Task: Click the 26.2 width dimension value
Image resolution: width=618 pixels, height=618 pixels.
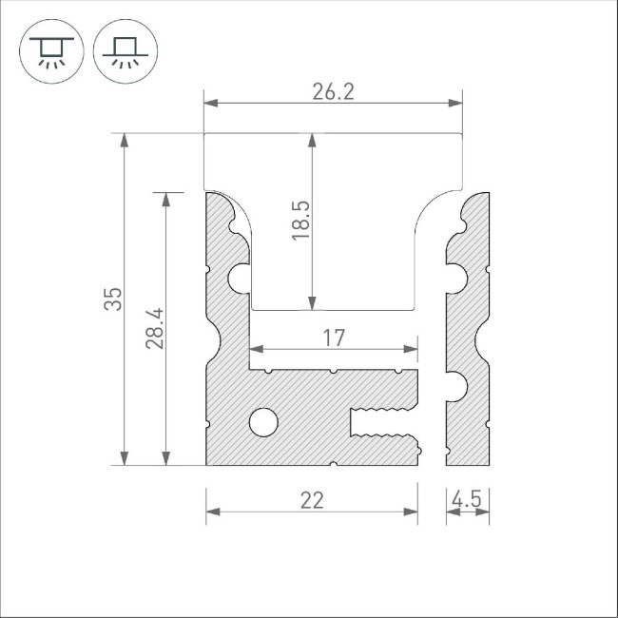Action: (x=333, y=91)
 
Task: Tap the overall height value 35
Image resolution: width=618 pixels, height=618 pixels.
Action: (x=113, y=299)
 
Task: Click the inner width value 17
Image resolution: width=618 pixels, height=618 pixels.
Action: (x=333, y=337)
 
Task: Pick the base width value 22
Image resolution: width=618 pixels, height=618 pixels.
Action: (x=312, y=500)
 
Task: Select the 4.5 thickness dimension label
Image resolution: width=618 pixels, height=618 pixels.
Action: (x=468, y=498)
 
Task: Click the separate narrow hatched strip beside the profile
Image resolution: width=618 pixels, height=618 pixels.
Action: (x=468, y=333)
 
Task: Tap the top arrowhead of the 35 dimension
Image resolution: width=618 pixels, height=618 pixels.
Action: (x=123, y=141)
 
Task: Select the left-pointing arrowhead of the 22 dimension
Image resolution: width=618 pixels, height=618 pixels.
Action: (x=214, y=512)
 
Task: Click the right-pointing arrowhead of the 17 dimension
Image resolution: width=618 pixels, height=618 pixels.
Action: (x=410, y=348)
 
